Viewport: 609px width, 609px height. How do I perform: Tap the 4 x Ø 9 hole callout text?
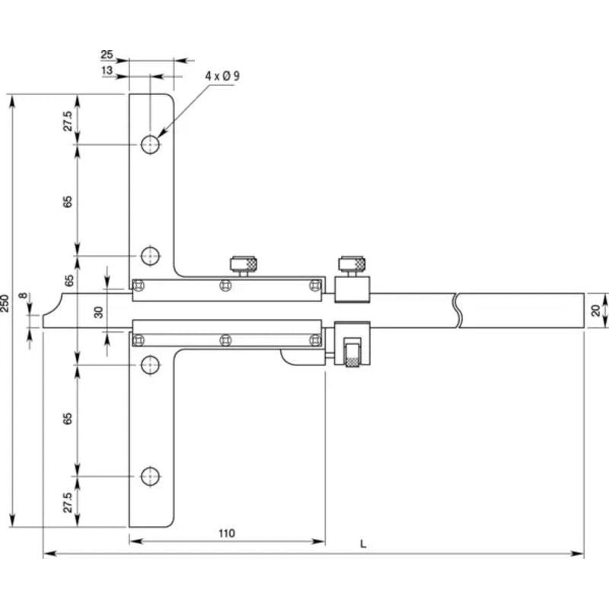222,75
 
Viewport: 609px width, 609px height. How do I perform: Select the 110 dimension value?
226,534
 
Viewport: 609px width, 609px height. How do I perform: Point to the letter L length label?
363,544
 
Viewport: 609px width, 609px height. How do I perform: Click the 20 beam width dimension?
595,311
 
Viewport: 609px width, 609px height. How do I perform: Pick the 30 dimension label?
100,312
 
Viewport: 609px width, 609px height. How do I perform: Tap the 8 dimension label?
24,296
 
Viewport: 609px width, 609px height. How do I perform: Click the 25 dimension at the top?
107,55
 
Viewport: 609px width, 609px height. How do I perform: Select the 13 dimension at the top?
107,70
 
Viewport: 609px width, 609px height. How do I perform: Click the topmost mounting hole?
150,145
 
